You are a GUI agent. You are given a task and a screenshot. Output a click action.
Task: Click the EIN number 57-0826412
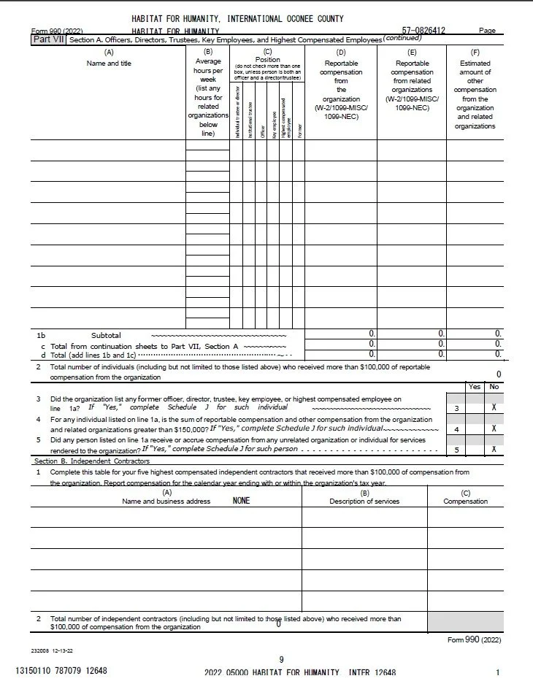tap(424, 30)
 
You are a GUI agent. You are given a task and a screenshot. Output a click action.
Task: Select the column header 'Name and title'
tap(109, 64)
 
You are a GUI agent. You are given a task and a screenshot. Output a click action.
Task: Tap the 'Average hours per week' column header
tap(207, 71)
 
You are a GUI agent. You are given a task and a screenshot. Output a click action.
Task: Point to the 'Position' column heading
tap(267, 60)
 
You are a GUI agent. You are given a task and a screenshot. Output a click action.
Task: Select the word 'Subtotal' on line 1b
tap(106, 335)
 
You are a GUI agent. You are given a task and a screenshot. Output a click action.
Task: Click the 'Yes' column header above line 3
tap(474, 387)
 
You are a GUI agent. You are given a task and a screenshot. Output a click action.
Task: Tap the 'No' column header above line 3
tap(494, 387)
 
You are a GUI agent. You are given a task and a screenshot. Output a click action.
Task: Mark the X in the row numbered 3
tap(494, 409)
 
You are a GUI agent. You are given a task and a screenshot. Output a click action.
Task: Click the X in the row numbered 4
tap(494, 429)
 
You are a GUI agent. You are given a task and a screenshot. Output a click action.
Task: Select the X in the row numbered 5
tap(494, 450)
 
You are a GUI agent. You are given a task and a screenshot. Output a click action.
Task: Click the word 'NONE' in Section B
tap(241, 502)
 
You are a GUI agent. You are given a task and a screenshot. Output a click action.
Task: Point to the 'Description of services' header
tap(364, 502)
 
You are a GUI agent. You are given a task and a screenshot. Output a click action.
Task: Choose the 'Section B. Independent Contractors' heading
tap(91, 461)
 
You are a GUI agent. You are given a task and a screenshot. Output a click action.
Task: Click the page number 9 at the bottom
tap(281, 659)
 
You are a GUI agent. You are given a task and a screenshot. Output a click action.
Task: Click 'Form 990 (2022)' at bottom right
tap(475, 640)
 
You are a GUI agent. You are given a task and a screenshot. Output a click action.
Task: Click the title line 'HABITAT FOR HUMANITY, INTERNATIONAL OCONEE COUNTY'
tap(237, 18)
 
